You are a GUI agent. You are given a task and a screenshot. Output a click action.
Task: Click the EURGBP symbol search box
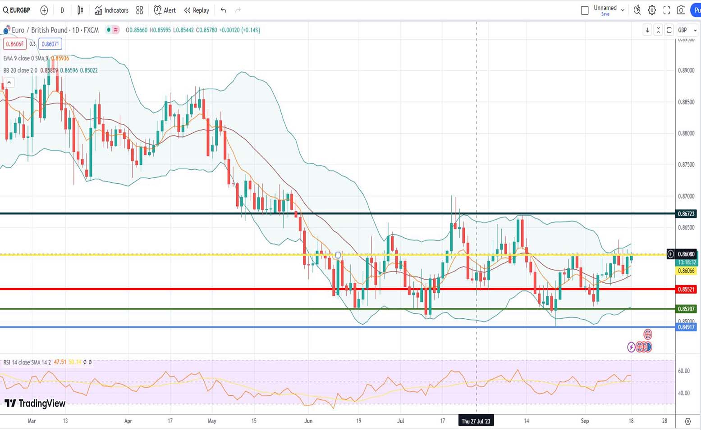17,10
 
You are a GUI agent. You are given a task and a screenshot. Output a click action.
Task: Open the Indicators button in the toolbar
111,10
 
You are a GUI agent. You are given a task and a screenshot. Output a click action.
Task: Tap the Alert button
165,10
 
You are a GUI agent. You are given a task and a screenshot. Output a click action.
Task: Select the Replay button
197,10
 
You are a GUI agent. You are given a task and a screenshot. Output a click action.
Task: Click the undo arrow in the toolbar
223,10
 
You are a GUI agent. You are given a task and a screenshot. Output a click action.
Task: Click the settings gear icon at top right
652,10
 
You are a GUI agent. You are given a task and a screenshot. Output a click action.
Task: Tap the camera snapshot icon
681,10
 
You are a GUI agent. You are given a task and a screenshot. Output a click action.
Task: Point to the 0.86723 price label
686,214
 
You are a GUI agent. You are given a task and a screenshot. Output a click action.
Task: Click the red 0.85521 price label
686,289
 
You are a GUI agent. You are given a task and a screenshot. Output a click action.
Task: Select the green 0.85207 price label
686,309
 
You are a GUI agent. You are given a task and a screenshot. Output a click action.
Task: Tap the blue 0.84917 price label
686,327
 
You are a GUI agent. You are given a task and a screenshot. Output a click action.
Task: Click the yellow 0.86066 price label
686,271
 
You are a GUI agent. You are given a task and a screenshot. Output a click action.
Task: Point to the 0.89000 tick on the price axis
686,71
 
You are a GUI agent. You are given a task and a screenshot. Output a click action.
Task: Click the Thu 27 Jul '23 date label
476,421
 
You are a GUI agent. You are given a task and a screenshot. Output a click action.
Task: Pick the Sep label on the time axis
585,421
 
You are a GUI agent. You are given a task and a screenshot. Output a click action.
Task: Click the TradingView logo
35,403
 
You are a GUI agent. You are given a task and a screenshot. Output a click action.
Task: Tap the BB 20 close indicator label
20,70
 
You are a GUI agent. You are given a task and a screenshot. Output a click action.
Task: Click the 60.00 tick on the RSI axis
684,371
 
